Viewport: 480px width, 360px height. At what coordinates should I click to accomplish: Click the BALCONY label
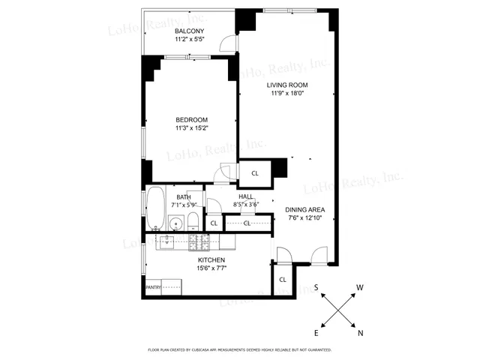191,31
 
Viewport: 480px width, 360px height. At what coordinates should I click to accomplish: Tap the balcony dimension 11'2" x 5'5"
191,39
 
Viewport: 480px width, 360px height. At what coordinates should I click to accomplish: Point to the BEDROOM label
191,120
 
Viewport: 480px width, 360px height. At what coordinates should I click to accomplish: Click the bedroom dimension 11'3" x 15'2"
191,128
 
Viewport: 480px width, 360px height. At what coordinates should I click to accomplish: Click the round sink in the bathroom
176,223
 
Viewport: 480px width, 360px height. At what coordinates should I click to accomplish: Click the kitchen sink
166,241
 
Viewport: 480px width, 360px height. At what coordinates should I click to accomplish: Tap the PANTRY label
153,286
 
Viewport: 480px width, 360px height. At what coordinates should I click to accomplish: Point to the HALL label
246,196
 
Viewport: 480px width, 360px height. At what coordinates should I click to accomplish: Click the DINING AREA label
306,210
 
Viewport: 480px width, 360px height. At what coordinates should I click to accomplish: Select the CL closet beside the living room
255,173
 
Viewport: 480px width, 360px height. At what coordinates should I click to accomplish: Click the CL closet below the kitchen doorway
283,280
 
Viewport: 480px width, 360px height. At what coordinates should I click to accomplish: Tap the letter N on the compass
361,334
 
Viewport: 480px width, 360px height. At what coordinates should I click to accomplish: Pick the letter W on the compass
361,287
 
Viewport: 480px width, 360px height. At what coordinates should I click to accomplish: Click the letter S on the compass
316,287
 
